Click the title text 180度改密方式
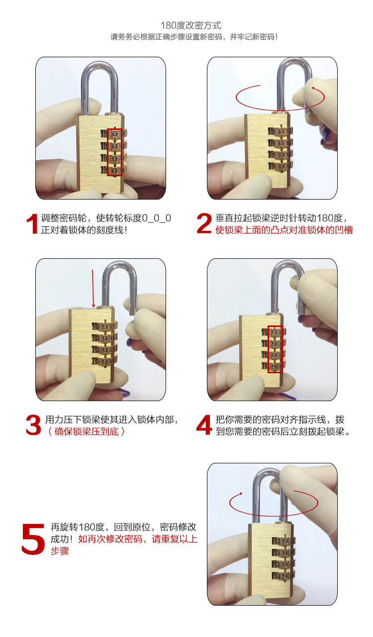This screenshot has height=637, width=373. tap(190, 25)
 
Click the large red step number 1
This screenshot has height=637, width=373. tap(32, 224)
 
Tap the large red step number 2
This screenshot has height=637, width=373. tap(204, 224)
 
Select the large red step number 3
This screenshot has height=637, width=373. tap(33, 425)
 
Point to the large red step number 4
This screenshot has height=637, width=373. tap(204, 425)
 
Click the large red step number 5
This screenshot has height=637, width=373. tap(33, 538)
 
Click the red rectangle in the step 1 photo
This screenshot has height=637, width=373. tap(114, 152)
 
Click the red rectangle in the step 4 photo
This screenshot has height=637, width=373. tap(275, 349)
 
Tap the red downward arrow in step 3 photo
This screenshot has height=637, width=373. tap(93, 289)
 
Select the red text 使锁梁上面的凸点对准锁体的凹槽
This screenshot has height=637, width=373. tap(284, 230)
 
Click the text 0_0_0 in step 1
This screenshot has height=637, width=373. tap(157, 218)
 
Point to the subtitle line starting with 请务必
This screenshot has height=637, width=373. tap(194, 37)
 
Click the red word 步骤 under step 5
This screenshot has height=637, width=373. tap(60, 551)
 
